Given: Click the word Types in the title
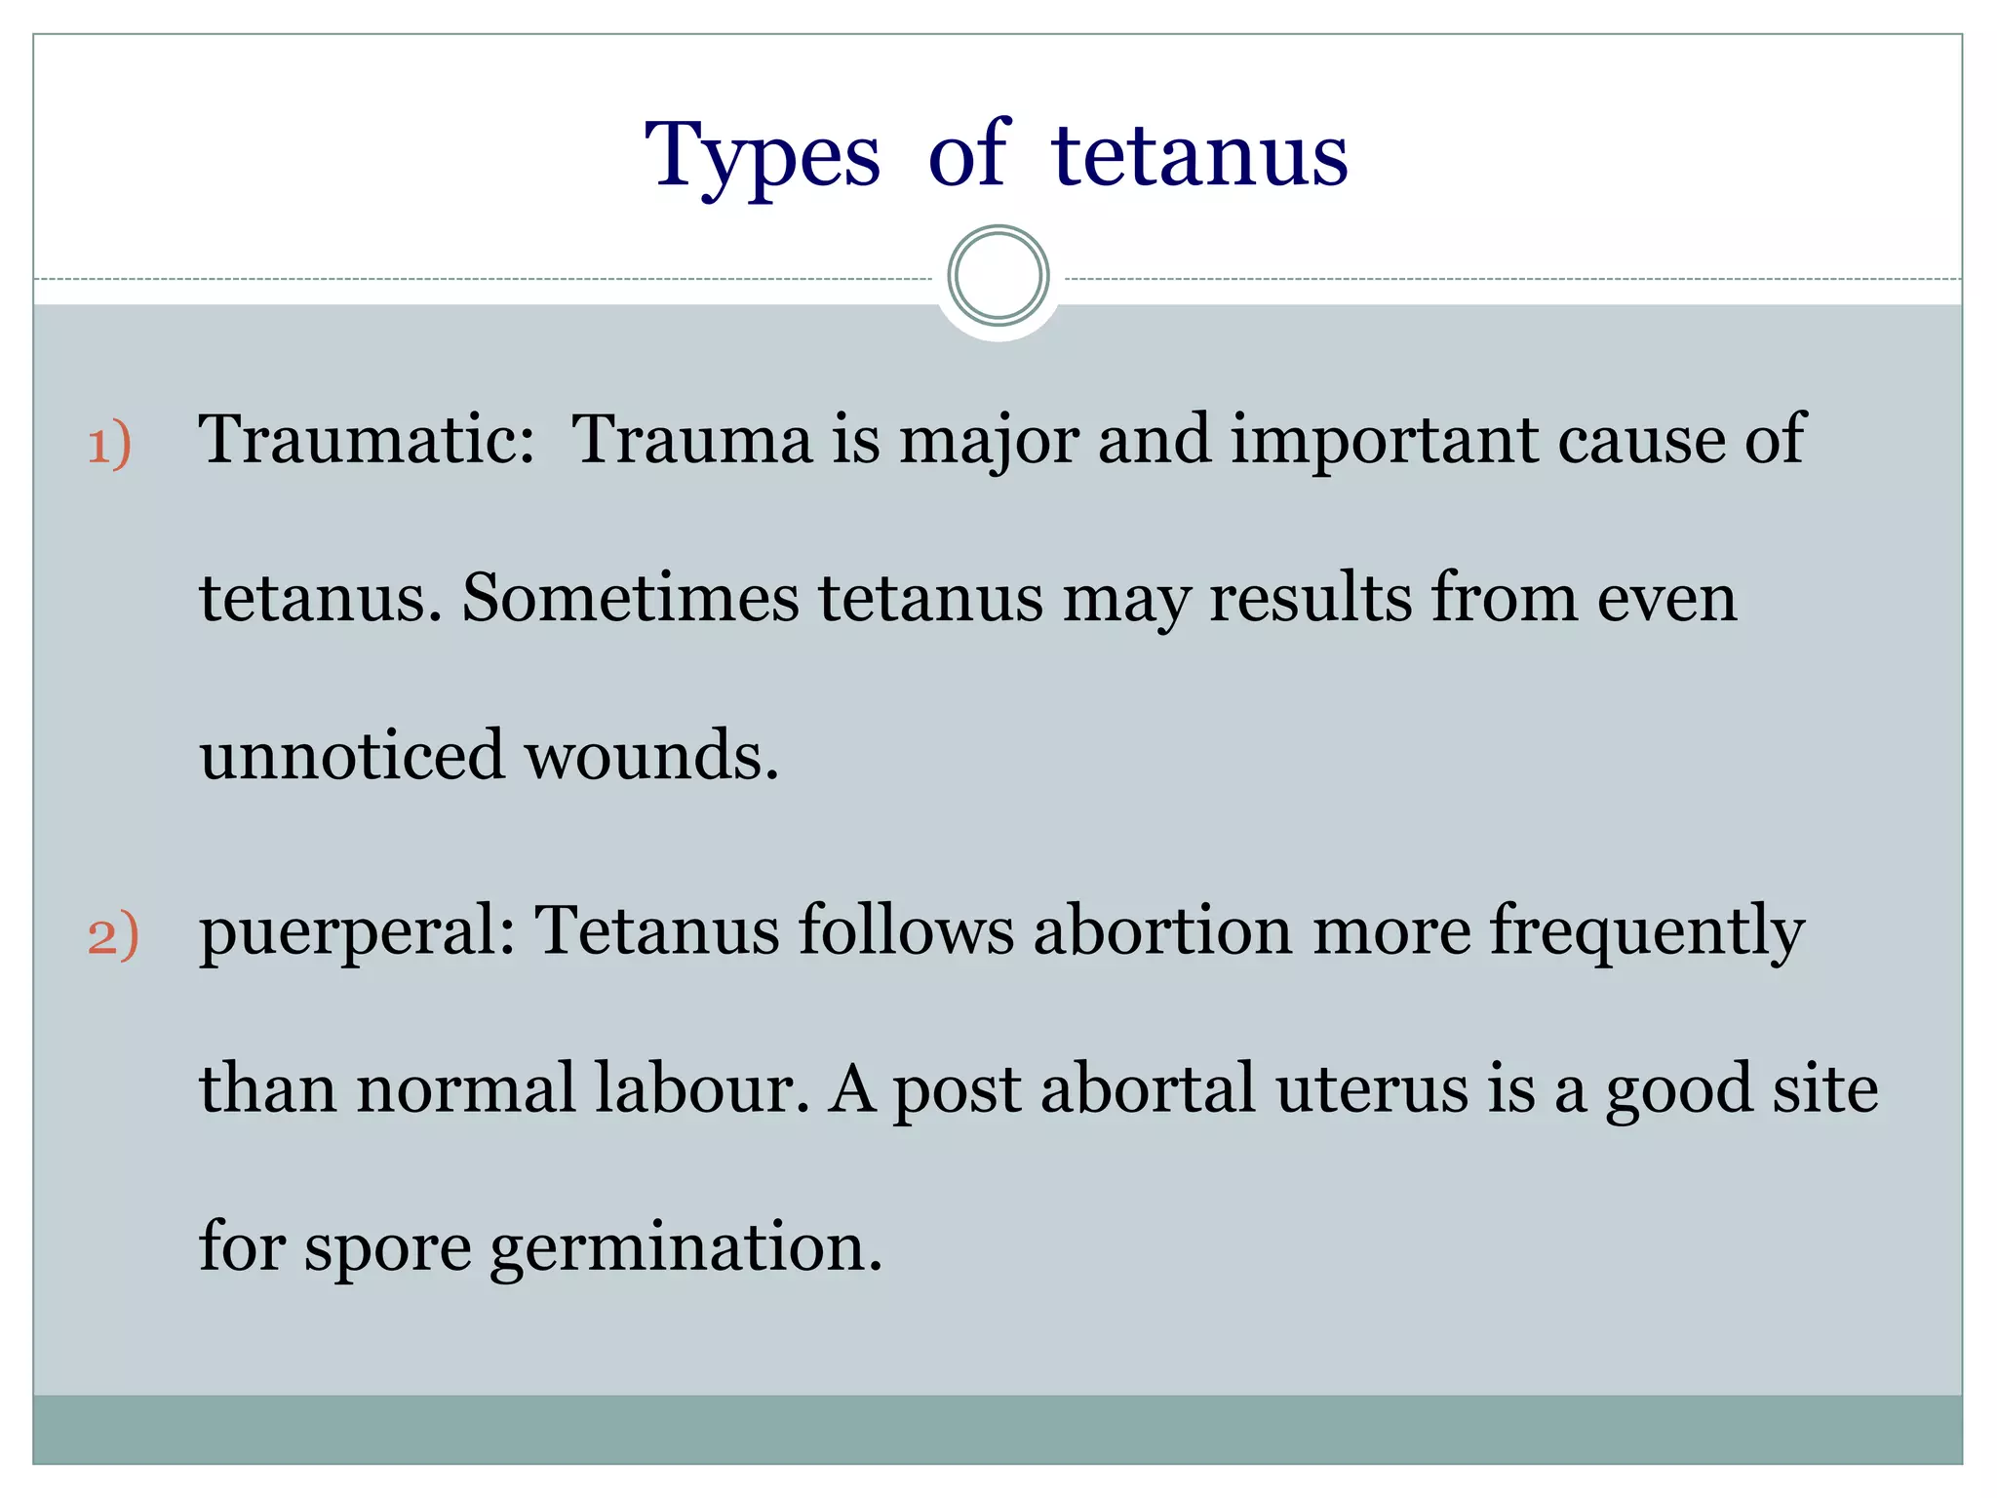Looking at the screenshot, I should point(763,156).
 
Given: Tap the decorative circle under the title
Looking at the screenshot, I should point(998,275).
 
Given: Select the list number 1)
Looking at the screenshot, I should point(109,444).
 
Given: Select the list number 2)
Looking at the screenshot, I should point(113,935).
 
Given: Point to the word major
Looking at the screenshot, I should point(988,441).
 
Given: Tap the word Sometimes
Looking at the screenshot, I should point(630,597).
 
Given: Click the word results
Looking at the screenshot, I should point(1310,597).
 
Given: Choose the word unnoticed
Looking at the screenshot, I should point(352,755).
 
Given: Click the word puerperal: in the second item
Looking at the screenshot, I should point(357,932).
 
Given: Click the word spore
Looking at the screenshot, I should point(388,1248).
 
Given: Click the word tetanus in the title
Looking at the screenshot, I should point(1199,156).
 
